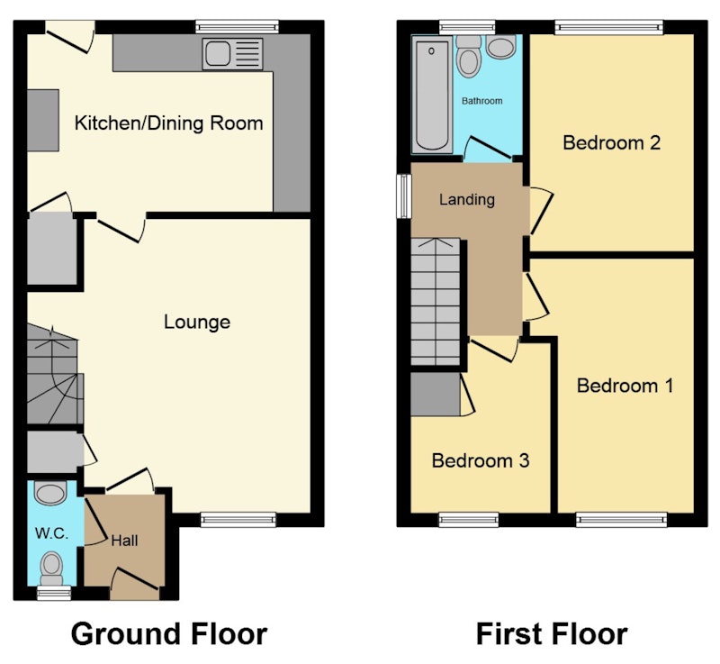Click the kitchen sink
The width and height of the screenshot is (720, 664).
[232, 54]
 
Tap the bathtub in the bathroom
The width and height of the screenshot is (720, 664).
[432, 95]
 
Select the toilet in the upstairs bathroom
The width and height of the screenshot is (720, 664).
[469, 56]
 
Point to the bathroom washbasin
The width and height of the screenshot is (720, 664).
[501, 47]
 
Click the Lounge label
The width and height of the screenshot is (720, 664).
[197, 323]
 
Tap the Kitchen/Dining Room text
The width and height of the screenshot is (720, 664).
[168, 123]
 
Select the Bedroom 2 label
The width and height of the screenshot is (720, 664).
[612, 143]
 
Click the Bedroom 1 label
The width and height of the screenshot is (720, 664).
[625, 386]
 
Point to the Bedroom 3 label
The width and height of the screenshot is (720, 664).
[481, 460]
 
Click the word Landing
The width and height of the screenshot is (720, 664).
[467, 199]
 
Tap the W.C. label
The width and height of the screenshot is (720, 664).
[51, 533]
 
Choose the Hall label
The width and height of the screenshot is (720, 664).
[124, 541]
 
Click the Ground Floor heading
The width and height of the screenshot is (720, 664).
[169, 634]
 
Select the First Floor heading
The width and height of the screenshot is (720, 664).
[552, 634]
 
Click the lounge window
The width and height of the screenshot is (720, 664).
[238, 520]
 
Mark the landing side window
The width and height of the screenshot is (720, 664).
[404, 196]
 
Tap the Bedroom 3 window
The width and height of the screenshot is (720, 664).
[469, 520]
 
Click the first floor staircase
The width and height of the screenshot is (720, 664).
[436, 302]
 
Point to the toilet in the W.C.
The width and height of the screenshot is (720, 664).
[51, 568]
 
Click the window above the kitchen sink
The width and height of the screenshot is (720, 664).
[237, 27]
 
